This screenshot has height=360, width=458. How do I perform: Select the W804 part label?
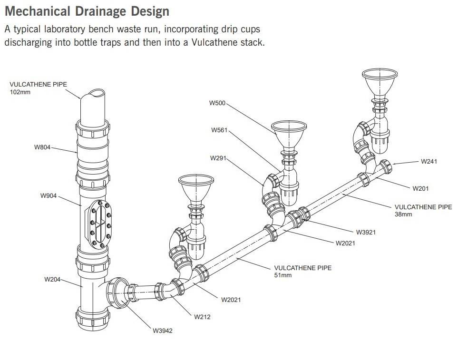(42, 147)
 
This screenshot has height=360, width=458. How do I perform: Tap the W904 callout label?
(49, 195)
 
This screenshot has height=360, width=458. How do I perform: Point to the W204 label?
(52, 279)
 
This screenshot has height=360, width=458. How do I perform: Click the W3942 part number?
(162, 331)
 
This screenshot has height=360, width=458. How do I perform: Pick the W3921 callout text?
(366, 232)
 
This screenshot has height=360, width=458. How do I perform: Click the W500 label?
(218, 103)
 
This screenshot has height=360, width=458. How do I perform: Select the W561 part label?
(220, 130)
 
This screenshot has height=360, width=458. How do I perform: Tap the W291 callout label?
(218, 157)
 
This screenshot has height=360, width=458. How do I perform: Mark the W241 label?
(429, 161)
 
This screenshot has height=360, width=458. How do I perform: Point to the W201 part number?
(420, 188)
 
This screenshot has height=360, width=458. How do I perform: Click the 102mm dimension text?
(20, 92)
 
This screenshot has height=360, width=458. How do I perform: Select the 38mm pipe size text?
(404, 214)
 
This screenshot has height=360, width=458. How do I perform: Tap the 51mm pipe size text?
(283, 275)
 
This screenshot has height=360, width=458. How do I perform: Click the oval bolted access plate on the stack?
(98, 224)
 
